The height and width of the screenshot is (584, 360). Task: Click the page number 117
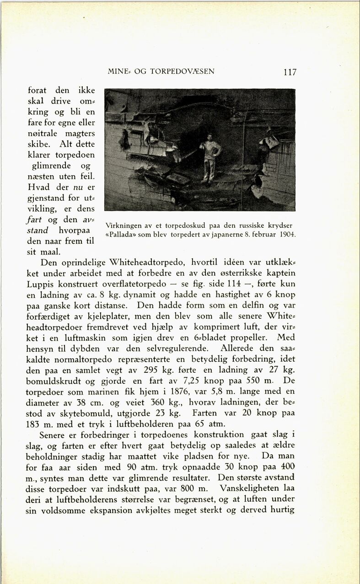tap(290, 72)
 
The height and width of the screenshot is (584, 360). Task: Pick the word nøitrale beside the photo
tap(44, 133)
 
